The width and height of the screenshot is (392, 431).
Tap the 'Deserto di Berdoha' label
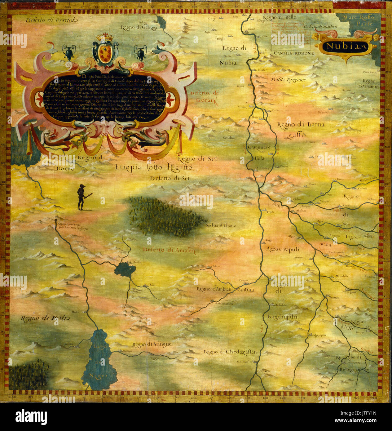[52, 21]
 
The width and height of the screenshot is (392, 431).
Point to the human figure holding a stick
[82, 197]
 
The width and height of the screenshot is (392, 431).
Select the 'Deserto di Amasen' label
[169, 250]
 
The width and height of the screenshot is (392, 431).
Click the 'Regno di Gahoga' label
[139, 28]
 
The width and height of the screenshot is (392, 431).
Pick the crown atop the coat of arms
[105, 38]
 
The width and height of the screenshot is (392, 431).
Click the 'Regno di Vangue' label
[152, 344]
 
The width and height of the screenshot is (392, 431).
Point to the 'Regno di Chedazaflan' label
[230, 352]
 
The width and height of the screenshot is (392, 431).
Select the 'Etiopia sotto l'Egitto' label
[153, 167]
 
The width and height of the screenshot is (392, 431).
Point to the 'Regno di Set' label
[197, 159]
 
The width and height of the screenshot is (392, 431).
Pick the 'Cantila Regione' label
[293, 53]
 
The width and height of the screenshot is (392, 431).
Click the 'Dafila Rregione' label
[288, 80]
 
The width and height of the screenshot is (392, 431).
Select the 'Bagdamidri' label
[282, 317]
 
